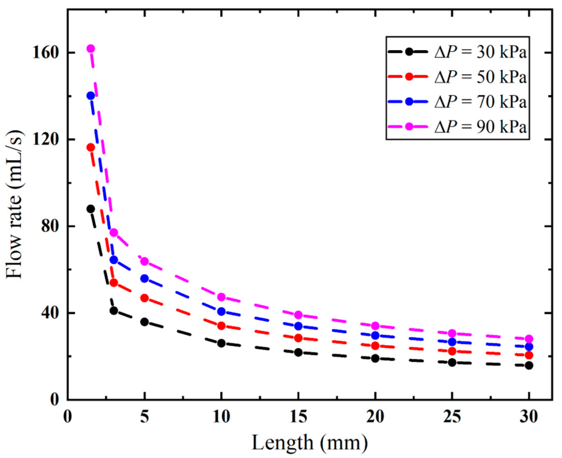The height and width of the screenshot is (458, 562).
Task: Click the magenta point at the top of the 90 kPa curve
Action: [91, 49]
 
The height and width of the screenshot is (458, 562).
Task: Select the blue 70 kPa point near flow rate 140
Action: [91, 96]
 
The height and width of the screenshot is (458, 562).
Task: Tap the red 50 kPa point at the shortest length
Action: [91, 147]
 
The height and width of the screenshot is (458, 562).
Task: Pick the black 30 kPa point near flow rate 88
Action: [91, 209]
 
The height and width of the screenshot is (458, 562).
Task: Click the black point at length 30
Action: [529, 365]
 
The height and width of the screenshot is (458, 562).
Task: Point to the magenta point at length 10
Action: [221, 297]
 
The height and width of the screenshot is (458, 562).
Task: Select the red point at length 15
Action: [298, 338]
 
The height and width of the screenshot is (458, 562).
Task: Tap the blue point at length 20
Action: [375, 335]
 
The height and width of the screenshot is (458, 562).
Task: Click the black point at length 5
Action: [144, 322]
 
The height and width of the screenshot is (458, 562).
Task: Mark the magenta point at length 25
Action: [452, 333]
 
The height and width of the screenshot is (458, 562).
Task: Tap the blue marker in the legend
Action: [409, 102]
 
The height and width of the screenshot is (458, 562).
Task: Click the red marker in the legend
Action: [409, 77]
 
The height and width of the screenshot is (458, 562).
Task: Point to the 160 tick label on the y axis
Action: [45, 53]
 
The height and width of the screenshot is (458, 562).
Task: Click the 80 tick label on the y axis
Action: [50, 226]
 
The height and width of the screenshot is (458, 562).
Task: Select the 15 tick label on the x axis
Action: [298, 417]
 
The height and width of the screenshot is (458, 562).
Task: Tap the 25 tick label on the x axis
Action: [452, 417]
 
